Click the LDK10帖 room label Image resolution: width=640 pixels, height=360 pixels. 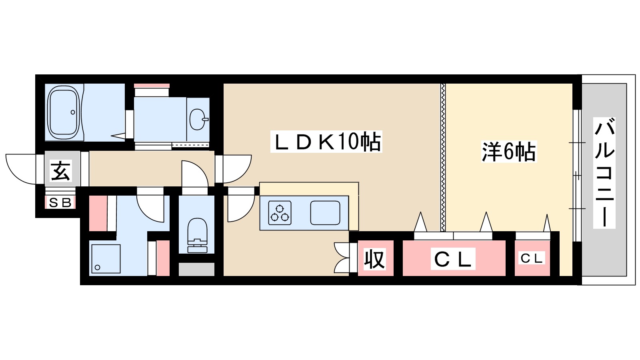point(326,142)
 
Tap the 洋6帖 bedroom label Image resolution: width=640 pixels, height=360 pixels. point(508,152)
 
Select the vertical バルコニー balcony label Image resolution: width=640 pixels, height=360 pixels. point(604,173)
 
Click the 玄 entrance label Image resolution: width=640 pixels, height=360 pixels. point(61,171)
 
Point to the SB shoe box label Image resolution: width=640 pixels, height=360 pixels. point(60,203)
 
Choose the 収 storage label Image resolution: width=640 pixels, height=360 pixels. point(374,259)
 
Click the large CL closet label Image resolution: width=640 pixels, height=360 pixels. point(453,259)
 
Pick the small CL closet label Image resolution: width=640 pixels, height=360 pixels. point(532,258)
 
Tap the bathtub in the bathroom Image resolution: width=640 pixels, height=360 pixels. point(63,112)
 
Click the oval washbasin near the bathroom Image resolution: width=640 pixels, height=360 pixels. point(198,119)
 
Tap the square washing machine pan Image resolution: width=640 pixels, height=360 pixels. point(106,258)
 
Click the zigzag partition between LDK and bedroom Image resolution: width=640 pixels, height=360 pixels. point(443,157)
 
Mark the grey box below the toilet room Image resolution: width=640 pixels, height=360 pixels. point(196,269)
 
